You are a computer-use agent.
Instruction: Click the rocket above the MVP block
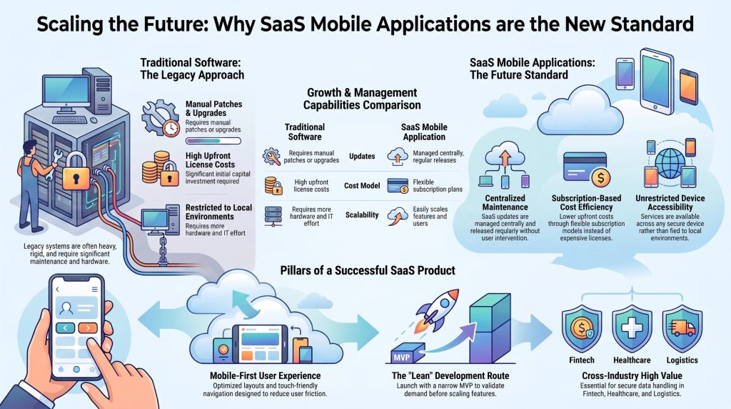coord(438,309)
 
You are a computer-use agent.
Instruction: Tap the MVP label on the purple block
coord(401,358)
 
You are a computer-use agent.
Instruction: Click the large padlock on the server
coord(76,172)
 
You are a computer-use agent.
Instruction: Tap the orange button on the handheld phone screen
coord(87,327)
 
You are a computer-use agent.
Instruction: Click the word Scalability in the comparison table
coord(362,215)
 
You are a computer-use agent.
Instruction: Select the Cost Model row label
coord(362,185)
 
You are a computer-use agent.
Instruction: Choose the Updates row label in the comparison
coord(362,156)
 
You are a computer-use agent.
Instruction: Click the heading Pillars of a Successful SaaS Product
coord(368,270)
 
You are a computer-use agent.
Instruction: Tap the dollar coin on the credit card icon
coord(600,177)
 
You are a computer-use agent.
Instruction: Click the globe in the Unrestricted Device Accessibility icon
coord(670,163)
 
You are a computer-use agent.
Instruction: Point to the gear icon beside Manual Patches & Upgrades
coord(158,116)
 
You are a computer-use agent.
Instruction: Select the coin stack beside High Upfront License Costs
coord(156,167)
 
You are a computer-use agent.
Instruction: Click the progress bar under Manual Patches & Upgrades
coord(213,141)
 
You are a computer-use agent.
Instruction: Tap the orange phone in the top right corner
coord(689,87)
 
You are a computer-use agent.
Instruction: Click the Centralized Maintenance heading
coord(505,202)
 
